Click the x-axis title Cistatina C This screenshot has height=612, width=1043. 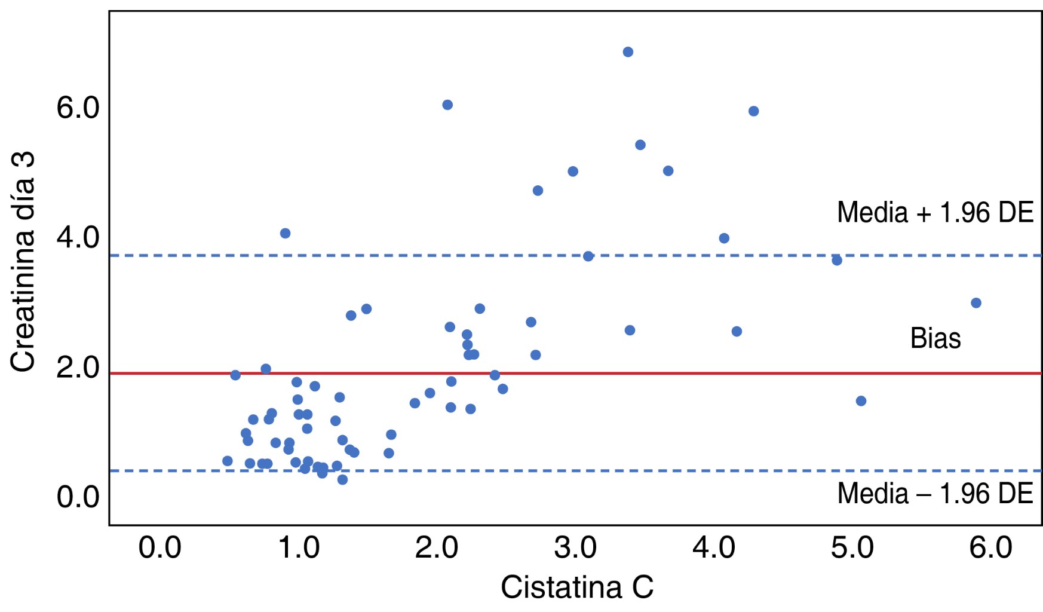point(576,587)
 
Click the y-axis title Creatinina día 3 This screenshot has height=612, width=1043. point(23,261)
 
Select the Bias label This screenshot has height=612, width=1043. point(935,338)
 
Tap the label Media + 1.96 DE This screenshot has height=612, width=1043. point(935,212)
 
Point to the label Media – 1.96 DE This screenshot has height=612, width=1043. point(935,494)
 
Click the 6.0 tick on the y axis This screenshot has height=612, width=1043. point(78,108)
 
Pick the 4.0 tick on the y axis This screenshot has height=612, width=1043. point(78,237)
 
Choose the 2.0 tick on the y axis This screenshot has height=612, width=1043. point(78,367)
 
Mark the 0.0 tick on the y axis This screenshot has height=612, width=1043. point(78,497)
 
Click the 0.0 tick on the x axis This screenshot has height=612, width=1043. point(159,548)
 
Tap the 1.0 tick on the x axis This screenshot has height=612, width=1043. point(299,548)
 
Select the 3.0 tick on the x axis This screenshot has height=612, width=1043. point(575,548)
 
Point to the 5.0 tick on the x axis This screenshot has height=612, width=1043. point(852,548)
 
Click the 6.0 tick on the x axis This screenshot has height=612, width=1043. point(990,548)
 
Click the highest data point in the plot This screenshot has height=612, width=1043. point(628,52)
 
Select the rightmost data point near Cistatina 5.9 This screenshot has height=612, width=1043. point(976,303)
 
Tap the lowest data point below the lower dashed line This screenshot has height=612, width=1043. point(342,479)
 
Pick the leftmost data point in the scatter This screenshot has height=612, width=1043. point(228,461)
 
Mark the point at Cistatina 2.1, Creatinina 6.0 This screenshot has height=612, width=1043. point(447,105)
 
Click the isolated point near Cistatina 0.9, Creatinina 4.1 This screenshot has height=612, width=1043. point(286,233)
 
